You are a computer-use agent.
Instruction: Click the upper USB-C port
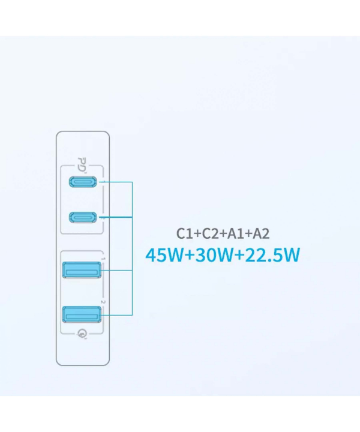coord(83,182)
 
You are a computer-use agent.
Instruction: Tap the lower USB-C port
coord(83,217)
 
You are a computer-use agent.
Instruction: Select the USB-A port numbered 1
coord(82,270)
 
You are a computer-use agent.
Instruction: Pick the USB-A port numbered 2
coord(82,314)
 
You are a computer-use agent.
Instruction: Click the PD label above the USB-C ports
coord(82,164)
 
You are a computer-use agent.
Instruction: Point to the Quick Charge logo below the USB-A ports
coord(82,334)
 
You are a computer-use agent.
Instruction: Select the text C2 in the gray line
coord(211,233)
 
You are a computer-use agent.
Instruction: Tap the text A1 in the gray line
coord(236,233)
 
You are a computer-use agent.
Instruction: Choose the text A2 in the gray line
coord(261,233)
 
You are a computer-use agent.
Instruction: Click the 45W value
coord(164,255)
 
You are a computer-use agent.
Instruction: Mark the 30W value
coord(214,255)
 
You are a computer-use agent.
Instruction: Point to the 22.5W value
coord(272,255)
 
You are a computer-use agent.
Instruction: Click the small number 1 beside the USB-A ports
coord(103,259)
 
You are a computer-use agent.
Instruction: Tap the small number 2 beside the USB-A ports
coord(103,302)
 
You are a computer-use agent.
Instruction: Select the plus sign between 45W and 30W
coord(189,256)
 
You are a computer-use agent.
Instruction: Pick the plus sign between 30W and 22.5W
coord(239,256)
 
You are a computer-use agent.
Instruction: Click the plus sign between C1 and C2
coord(198,234)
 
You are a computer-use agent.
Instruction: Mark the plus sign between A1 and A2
coord(249,234)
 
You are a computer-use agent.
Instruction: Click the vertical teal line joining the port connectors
coord(132,248)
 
